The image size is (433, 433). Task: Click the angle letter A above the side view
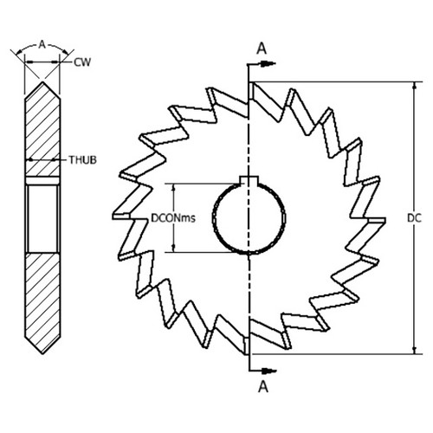43,41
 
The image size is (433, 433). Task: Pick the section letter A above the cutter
261,48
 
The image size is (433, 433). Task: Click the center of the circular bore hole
249,217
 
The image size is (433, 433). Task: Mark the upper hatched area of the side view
43,130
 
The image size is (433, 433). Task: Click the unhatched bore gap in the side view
43,216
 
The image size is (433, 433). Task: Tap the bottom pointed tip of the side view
43,353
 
